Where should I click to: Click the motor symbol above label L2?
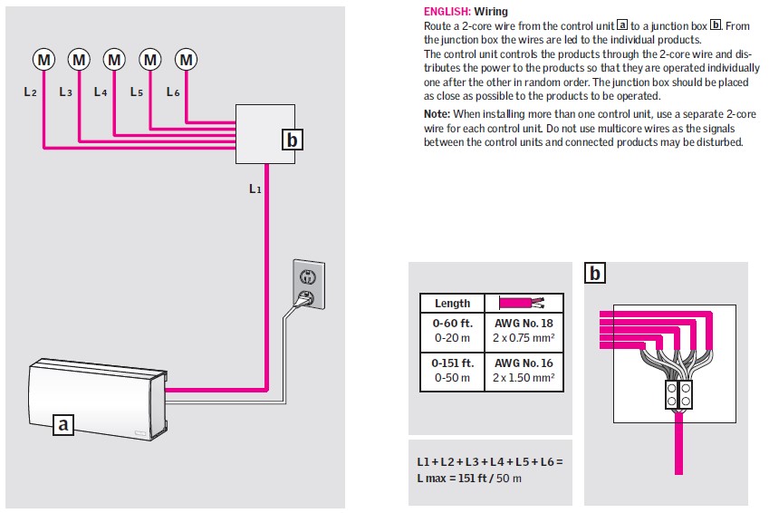pos(43,60)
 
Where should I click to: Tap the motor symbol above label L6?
pos(186,60)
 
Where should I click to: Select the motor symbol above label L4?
pos(114,60)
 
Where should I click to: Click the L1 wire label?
pos(255,189)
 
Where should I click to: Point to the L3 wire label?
pos(65,92)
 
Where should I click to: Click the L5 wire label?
pos(137,92)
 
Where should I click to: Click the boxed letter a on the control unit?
pos(62,423)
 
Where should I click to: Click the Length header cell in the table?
pos(453,304)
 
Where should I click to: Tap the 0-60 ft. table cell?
pos(453,329)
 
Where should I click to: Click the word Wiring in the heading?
pos(491,12)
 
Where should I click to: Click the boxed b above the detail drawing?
pos(595,273)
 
